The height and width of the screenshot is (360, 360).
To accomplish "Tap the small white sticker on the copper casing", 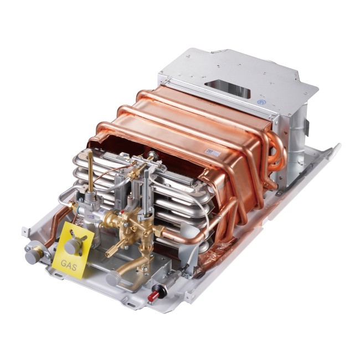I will click(212, 151).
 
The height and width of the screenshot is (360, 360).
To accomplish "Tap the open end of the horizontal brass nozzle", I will click(107, 252).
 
